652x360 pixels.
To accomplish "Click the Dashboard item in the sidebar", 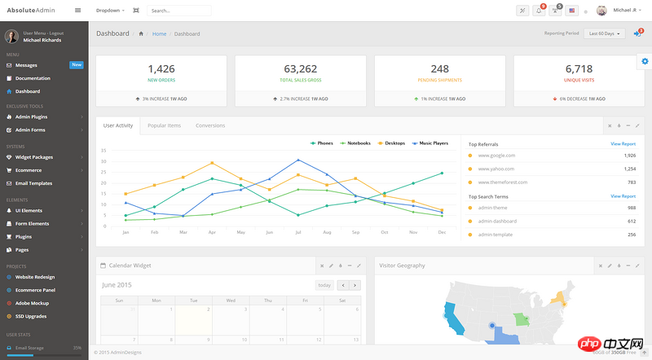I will [28, 91].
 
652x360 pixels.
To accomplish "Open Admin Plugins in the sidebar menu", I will [32, 117].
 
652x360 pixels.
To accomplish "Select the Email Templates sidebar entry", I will [33, 183].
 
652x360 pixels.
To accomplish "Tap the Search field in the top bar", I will [178, 11].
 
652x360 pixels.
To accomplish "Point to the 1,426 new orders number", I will [161, 69].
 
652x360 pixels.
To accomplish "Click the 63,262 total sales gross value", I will [301, 69].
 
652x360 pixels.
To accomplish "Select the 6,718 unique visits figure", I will [579, 69].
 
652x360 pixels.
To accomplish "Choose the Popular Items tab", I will [164, 125].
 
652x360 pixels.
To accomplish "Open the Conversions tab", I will [210, 125].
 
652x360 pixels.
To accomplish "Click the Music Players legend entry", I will [433, 143].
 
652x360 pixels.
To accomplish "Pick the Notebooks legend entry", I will [358, 143].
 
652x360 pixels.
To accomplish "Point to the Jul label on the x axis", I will [298, 232].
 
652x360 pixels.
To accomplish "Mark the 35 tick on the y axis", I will [104, 151].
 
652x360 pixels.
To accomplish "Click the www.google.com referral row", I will [496, 155].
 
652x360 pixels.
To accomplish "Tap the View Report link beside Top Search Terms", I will [623, 196].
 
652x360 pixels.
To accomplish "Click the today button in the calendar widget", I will [324, 285].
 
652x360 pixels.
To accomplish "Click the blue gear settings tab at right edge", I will [645, 62].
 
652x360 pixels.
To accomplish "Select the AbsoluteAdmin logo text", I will [29, 11].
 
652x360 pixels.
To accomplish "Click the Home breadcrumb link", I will [159, 33].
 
